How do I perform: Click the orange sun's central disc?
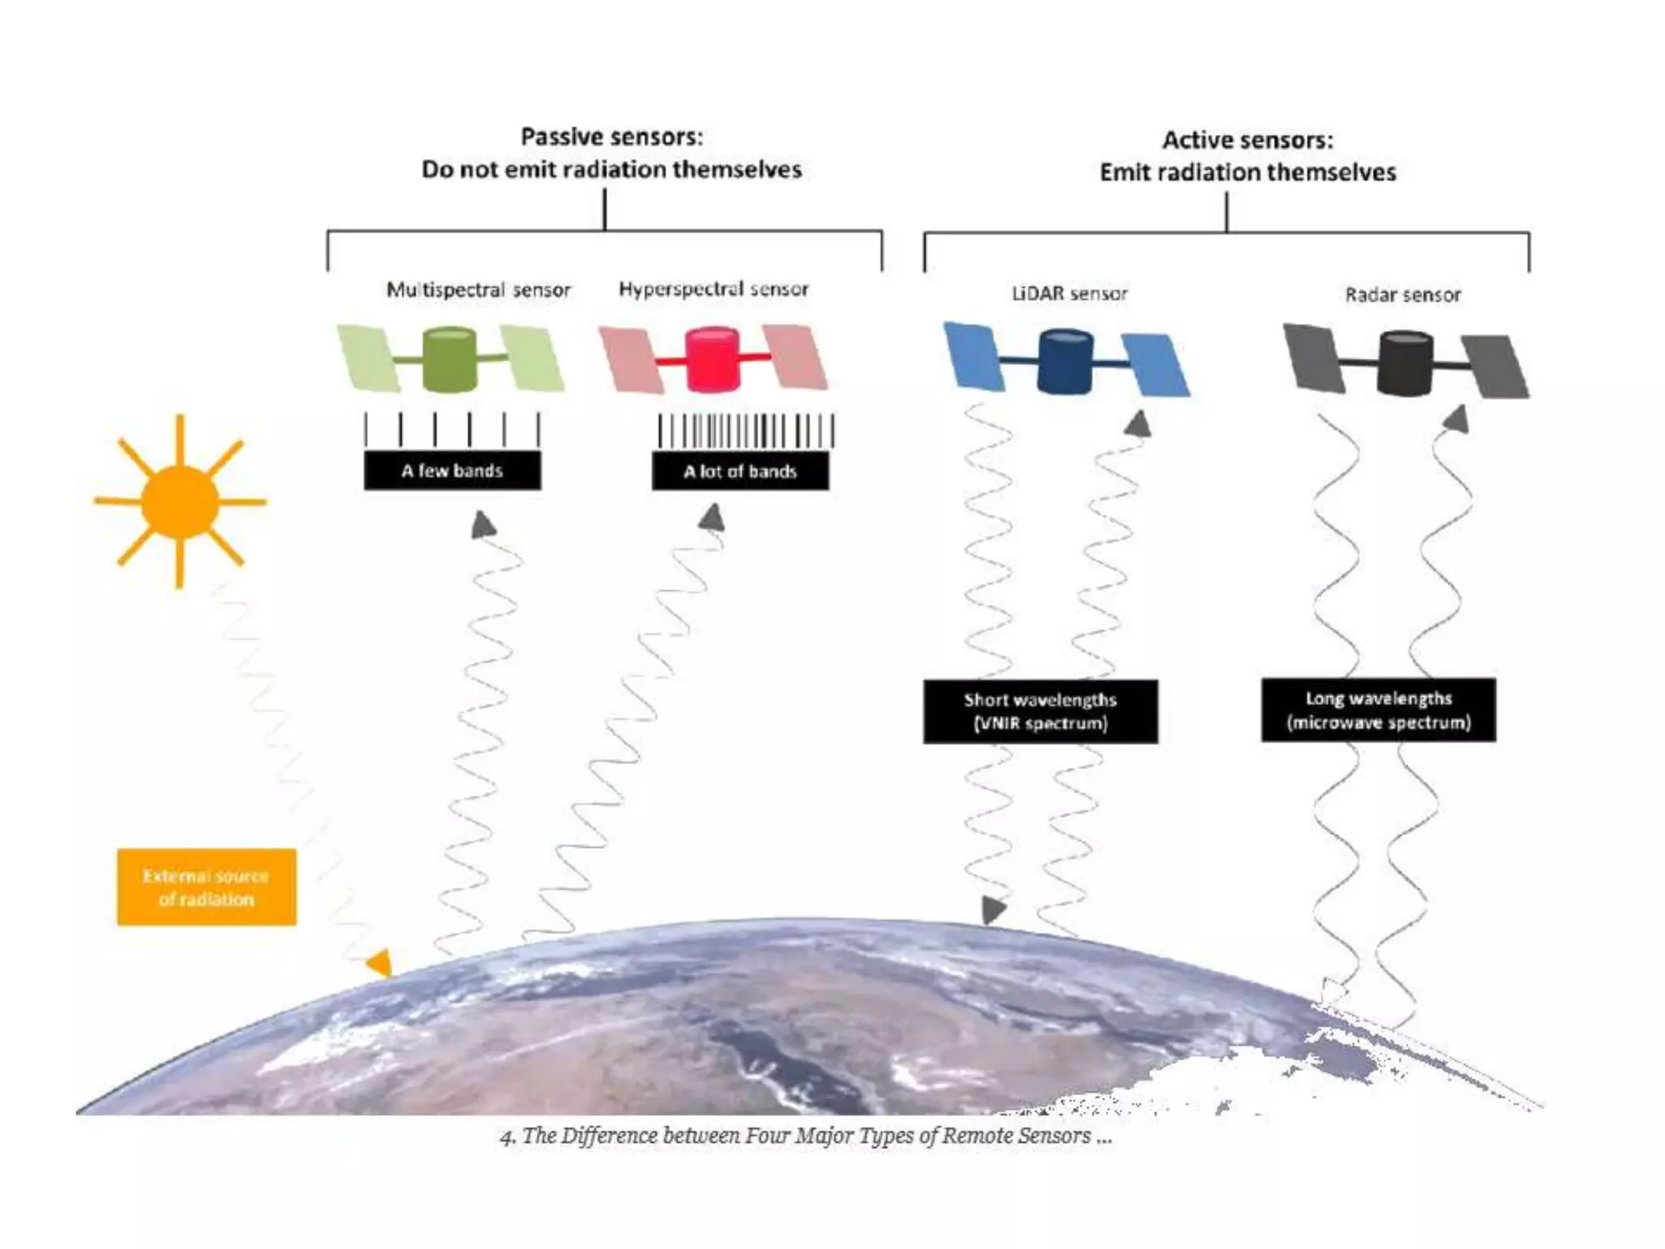pos(180,502)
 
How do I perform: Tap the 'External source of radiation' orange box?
pos(206,887)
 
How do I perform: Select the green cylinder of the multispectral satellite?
pos(450,359)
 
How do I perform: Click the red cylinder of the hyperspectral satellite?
pos(712,359)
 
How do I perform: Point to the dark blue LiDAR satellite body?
pos(1065,361)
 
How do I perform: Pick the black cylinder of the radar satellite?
pos(1405,363)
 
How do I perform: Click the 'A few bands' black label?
pos(452,471)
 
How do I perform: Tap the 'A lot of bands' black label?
pos(740,472)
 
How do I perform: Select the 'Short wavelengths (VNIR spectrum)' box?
pos(1041,712)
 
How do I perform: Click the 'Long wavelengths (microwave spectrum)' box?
pos(1379,710)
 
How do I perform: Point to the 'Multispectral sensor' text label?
pos(478,289)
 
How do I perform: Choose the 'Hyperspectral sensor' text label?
pos(714,289)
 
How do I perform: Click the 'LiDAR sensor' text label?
pos(1069,294)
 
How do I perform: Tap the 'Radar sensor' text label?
pos(1402,294)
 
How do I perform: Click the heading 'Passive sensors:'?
pos(611,137)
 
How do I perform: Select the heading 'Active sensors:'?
pos(1247,140)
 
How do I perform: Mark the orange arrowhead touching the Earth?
pos(380,963)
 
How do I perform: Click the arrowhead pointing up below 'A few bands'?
pos(484,524)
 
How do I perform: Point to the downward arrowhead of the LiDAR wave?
pos(993,909)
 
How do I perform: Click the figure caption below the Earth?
pos(806,1136)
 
